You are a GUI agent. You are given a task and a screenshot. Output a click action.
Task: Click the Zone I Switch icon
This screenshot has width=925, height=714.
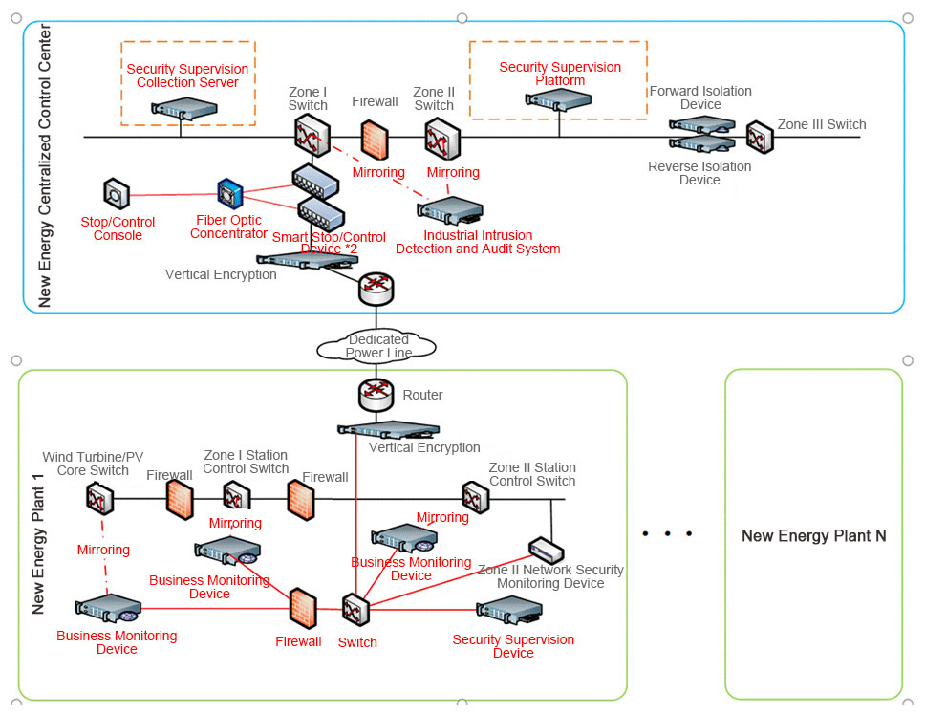click(x=312, y=134)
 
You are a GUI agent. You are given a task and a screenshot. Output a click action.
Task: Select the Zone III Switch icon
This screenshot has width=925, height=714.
click(x=760, y=137)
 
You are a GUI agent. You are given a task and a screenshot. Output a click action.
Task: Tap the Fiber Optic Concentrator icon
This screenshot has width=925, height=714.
click(x=230, y=194)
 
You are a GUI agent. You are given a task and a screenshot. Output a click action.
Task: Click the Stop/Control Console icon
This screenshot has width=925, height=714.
click(x=116, y=194)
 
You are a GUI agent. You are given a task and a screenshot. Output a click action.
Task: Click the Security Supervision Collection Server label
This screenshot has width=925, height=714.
click(x=187, y=76)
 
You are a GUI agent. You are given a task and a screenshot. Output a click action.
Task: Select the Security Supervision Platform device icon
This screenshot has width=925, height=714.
click(x=562, y=101)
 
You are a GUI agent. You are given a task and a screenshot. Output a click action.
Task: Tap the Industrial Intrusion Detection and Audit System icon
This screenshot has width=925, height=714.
click(x=450, y=211)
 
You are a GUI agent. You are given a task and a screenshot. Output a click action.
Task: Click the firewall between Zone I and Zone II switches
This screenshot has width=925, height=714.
click(x=374, y=140)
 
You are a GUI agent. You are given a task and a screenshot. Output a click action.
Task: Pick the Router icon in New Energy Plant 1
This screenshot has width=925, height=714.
click(x=376, y=394)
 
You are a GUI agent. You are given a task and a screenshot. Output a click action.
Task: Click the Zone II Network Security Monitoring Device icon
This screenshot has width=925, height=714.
click(x=546, y=552)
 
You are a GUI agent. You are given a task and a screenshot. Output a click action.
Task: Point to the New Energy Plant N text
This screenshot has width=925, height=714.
click(x=813, y=535)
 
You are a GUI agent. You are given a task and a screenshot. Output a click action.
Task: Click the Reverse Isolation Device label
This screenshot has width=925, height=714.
click(x=699, y=173)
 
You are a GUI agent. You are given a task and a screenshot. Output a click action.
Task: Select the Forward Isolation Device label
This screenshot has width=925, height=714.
click(x=700, y=97)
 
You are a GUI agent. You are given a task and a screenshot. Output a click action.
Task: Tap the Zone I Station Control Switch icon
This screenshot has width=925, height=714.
click(x=236, y=496)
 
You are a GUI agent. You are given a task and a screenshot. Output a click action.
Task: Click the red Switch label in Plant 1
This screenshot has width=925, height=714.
click(x=357, y=642)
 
